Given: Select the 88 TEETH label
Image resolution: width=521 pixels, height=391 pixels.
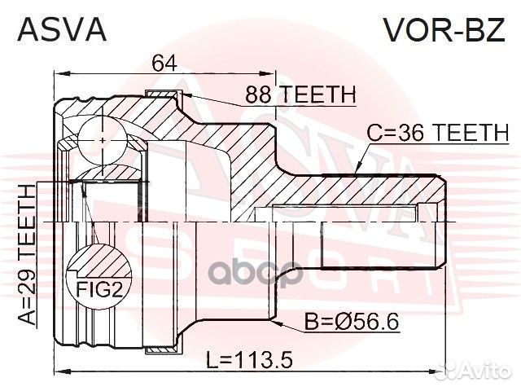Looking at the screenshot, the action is (300, 94).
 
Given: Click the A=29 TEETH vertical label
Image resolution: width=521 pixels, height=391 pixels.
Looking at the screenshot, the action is (27, 254).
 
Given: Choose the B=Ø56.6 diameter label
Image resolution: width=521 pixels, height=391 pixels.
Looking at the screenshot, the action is (352, 322).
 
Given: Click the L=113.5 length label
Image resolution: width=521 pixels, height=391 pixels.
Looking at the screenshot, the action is (250, 360).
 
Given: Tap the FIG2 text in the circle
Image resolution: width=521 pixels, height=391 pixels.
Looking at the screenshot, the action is (99, 289).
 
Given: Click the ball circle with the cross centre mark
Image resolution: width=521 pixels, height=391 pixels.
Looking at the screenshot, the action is (103, 140).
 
